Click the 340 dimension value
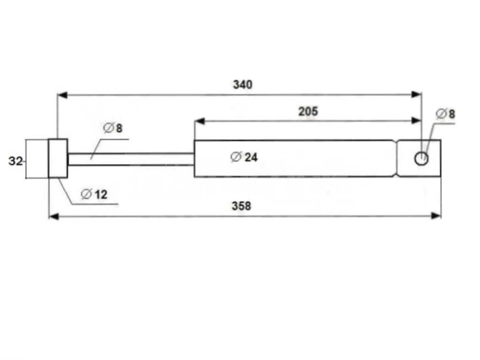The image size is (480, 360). (x=243, y=85)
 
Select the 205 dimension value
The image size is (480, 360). (x=308, y=112)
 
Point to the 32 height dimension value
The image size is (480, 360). (x=15, y=161)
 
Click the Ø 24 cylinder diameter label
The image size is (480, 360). (x=244, y=157)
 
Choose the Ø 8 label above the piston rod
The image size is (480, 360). (x=113, y=128)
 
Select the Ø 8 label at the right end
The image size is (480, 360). (x=445, y=114)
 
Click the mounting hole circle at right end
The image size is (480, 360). (x=421, y=159)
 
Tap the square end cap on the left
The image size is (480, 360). (x=58, y=158)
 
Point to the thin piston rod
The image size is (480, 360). (x=131, y=159)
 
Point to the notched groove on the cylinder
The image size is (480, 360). (x=396, y=158)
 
